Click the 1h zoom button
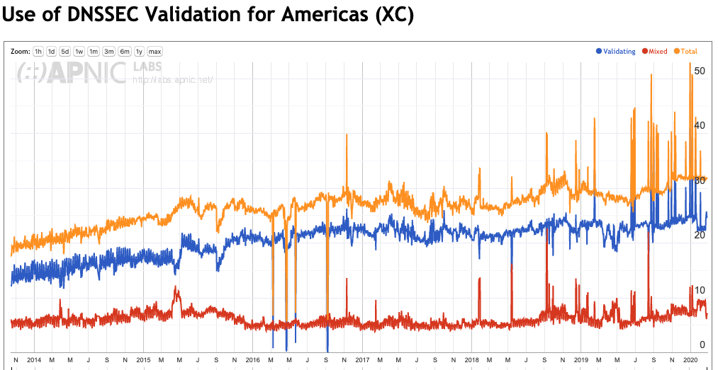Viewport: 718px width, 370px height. pos(38,52)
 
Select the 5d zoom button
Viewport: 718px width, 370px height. pos(64,52)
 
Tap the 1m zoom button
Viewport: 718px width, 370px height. pos(94,52)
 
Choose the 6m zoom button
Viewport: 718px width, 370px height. pos(125,52)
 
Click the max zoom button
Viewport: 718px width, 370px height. pos(155,52)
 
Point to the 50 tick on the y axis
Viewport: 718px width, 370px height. pos(700,71)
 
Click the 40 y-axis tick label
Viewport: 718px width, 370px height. pos(700,126)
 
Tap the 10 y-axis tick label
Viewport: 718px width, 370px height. pos(700,290)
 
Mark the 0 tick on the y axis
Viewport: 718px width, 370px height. pos(702,345)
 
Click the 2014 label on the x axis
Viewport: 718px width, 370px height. pos(34,359)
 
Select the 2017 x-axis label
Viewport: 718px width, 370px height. pos(362,359)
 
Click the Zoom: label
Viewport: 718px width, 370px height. pos(21,52)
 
